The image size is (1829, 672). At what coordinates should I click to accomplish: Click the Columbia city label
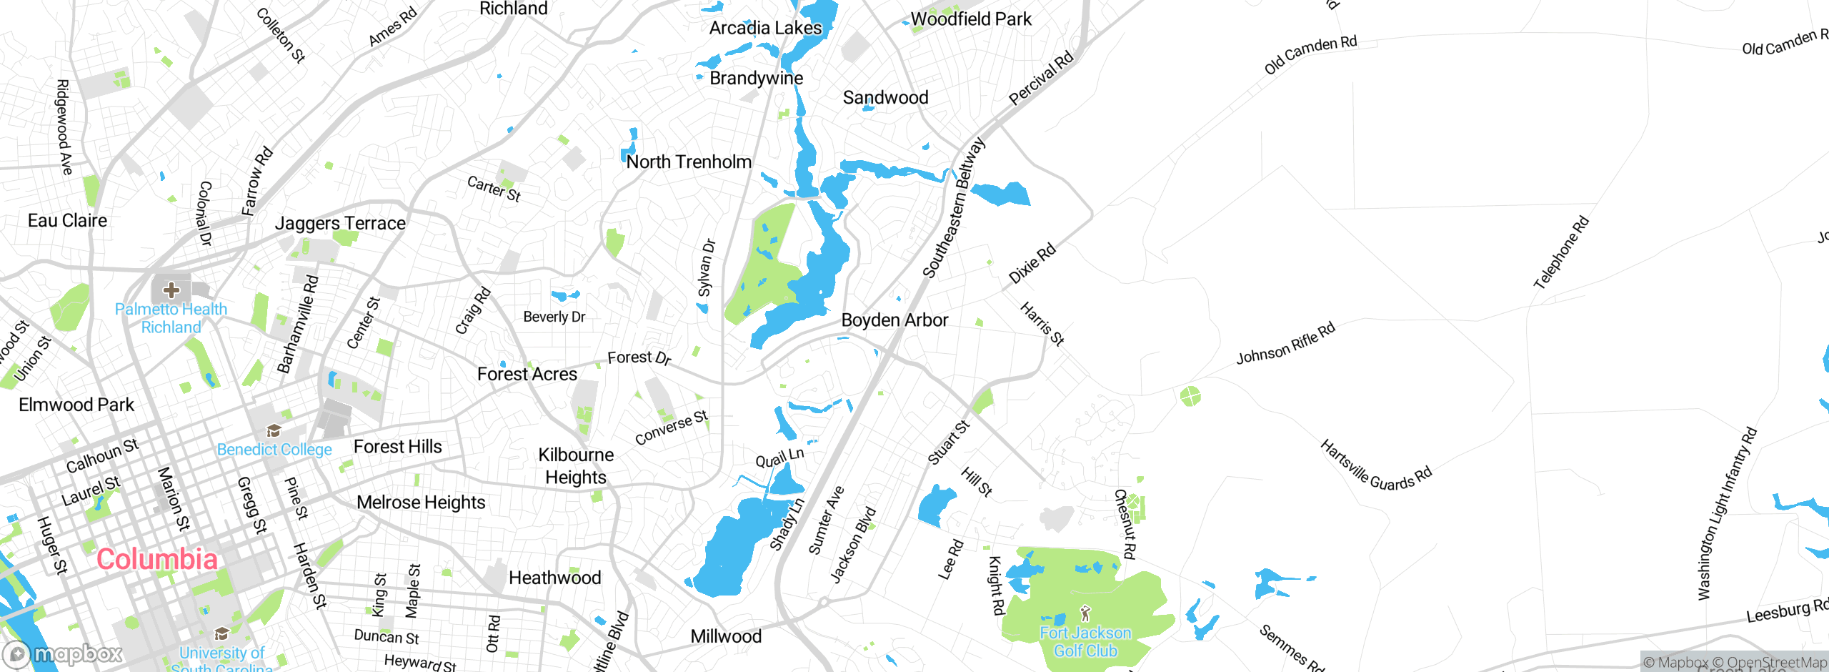(x=157, y=559)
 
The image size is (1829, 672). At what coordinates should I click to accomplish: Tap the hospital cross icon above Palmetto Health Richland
(x=171, y=290)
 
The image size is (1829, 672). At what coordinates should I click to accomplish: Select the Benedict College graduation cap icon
(x=274, y=430)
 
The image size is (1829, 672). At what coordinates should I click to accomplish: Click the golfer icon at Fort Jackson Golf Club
(x=1085, y=613)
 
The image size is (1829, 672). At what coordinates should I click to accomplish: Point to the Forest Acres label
(x=527, y=374)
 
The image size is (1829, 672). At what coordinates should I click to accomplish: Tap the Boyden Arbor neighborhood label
(x=894, y=320)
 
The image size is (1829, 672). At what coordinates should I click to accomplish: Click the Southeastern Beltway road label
(x=953, y=207)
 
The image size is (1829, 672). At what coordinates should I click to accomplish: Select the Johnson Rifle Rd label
(x=1285, y=344)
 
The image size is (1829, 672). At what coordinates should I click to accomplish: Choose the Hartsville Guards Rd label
(x=1375, y=465)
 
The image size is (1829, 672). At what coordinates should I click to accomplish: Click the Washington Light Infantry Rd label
(x=1727, y=513)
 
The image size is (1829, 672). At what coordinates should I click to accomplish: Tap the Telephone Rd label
(x=1561, y=252)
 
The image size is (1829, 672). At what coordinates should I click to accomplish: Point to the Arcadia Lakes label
(x=765, y=28)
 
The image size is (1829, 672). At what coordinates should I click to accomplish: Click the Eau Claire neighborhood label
(x=67, y=220)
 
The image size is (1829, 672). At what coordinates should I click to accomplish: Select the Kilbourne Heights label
(x=576, y=466)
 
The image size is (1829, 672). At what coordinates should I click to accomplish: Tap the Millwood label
(x=726, y=636)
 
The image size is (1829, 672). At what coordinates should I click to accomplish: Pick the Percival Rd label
(x=1040, y=79)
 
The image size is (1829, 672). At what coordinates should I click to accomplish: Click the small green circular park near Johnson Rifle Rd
(x=1190, y=395)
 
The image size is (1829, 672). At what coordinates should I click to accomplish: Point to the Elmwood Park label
(x=76, y=405)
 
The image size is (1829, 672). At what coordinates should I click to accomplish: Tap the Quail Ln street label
(x=779, y=458)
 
